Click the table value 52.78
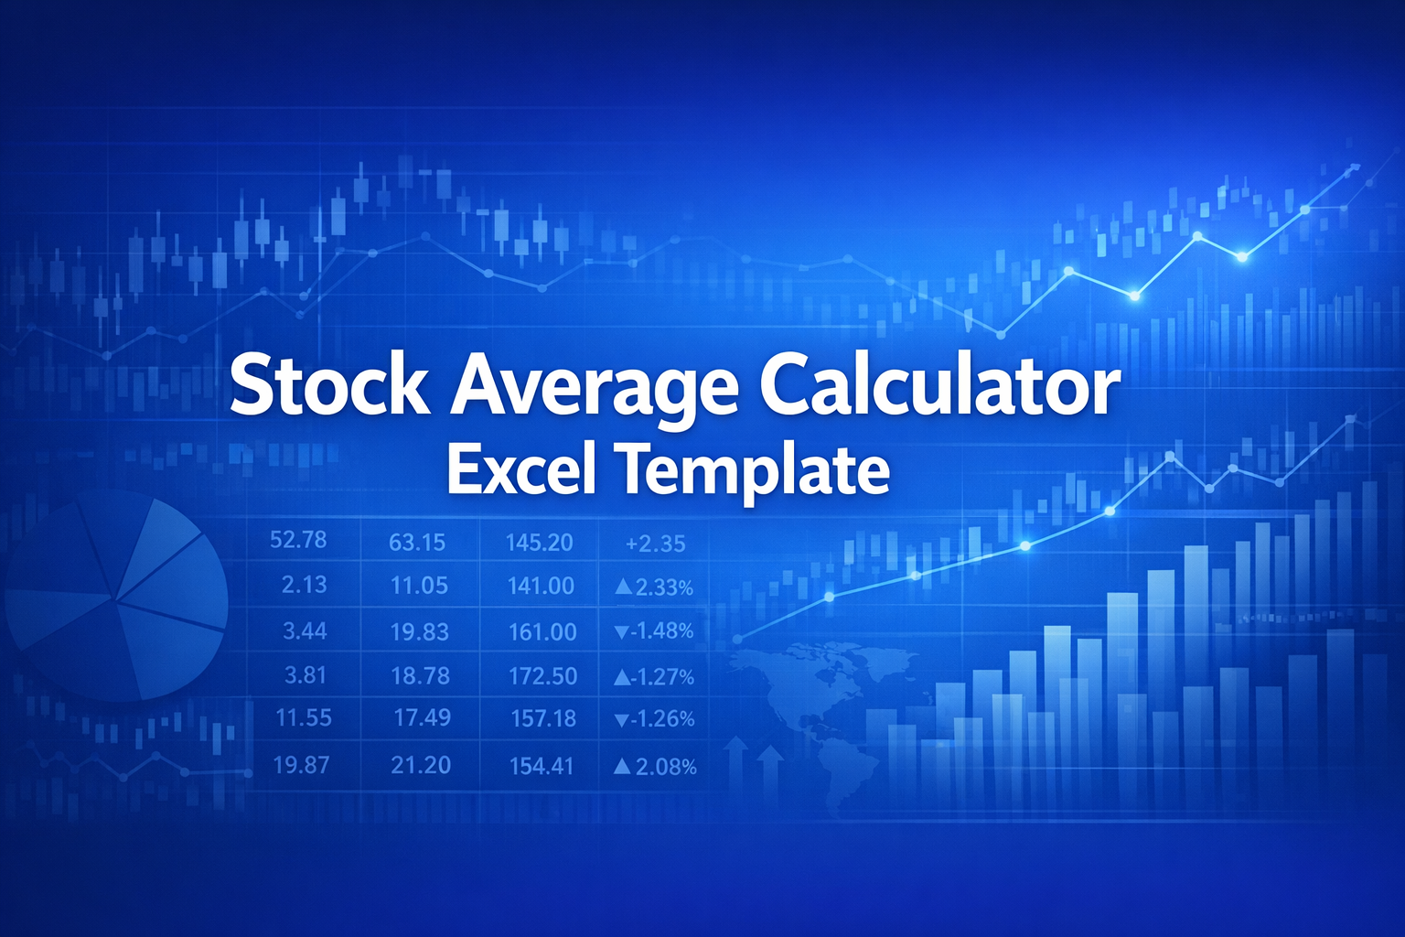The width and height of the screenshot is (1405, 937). click(x=298, y=540)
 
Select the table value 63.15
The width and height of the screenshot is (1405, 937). click(x=417, y=543)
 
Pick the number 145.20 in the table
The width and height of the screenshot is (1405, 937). click(x=539, y=543)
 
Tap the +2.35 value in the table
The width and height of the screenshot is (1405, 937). click(x=655, y=544)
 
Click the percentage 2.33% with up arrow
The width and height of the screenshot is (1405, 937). click(x=654, y=587)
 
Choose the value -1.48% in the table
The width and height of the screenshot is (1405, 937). click(x=654, y=631)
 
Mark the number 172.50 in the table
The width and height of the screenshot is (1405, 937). click(x=542, y=676)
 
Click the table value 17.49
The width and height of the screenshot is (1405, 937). click(x=422, y=717)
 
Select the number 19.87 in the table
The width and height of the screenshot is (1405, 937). click(x=301, y=764)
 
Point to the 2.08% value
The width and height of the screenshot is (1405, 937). click(x=655, y=767)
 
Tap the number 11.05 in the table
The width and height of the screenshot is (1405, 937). click(x=419, y=586)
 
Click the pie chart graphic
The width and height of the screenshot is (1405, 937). click(x=116, y=595)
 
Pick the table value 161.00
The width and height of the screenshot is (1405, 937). click(x=542, y=631)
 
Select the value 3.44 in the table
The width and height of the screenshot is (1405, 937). click(x=305, y=630)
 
